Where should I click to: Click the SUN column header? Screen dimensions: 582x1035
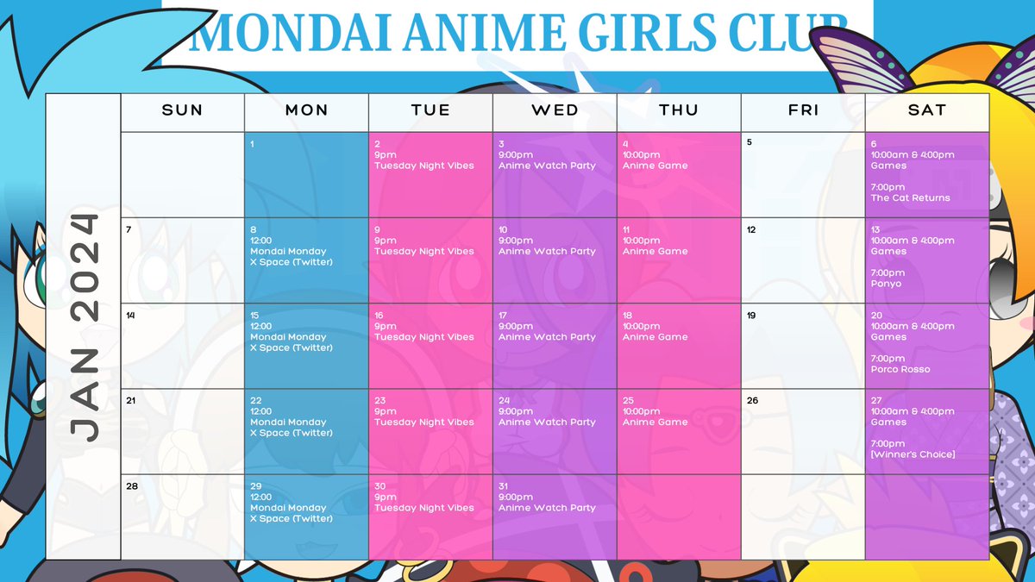coord(182,110)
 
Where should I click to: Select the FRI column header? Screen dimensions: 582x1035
coord(802,110)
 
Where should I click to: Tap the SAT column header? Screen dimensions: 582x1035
coord(926,110)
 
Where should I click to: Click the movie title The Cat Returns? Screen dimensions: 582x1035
coord(910,197)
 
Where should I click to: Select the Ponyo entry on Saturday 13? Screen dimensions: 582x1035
coord(886,284)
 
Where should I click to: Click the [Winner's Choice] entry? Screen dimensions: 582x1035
coord(913,454)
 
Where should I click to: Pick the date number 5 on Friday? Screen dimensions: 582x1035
coord(750,143)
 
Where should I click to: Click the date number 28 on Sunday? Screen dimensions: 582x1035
coord(132,486)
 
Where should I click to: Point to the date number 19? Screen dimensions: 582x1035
coord(751,316)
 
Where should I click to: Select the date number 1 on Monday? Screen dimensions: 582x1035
coord(252,144)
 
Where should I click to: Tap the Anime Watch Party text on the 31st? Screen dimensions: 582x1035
coord(547,508)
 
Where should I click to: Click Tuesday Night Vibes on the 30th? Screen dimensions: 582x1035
coord(423,508)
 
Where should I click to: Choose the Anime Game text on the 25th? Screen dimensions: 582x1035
coord(655,422)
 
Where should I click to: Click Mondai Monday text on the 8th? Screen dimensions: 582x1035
coord(287,251)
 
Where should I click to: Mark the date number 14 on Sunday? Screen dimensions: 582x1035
coord(130,316)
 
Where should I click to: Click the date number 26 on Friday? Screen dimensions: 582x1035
coord(752,401)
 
